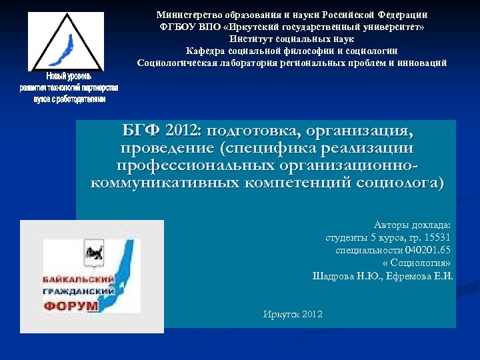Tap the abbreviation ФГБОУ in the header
tap(176, 26)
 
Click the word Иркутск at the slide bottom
tap(281, 314)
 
